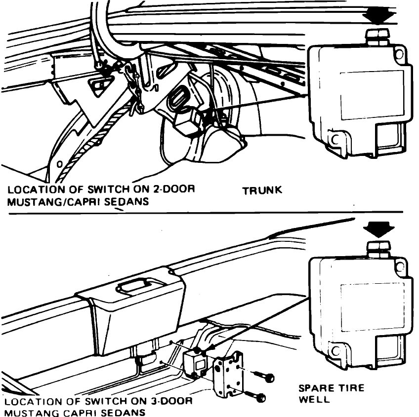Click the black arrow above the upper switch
pos(378,15)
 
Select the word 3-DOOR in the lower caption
pos(166,402)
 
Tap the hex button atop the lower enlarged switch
pos(378,249)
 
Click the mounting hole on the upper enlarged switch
pos(336,139)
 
